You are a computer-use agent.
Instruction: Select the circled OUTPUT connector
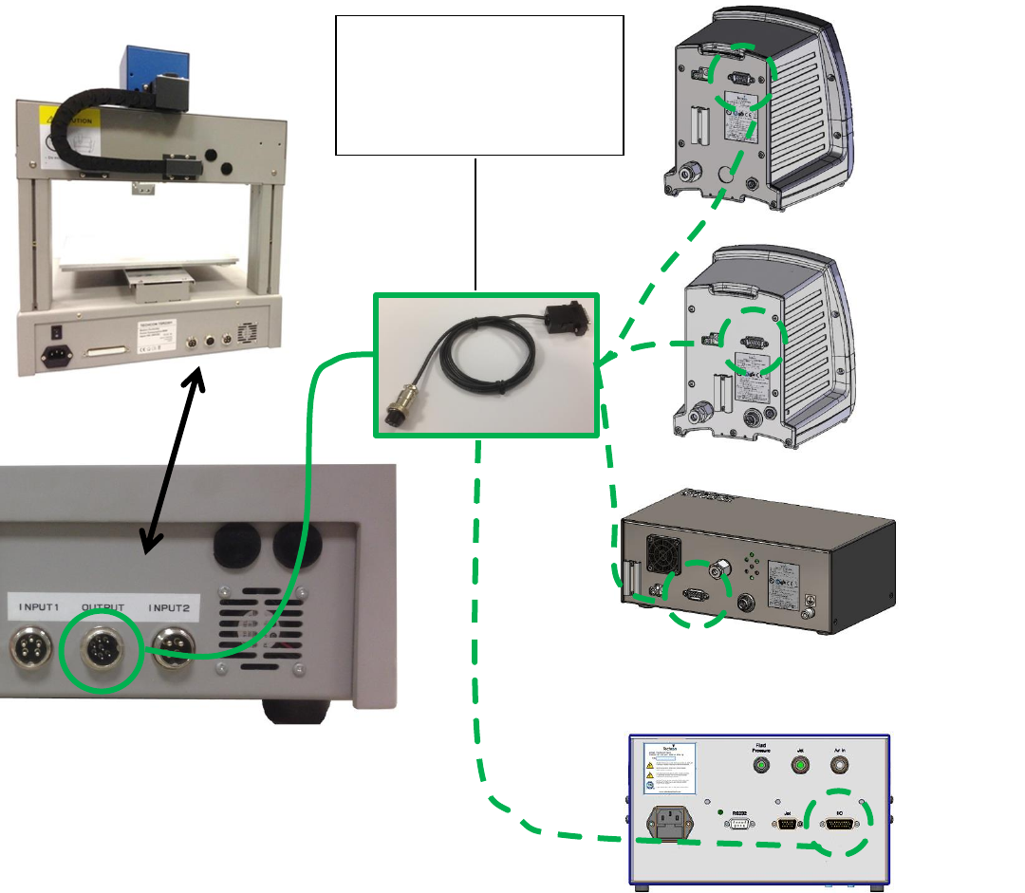coord(102,652)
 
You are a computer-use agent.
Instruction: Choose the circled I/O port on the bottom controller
coord(839,824)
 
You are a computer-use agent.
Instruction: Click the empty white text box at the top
coord(479,84)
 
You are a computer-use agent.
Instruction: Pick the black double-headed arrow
coord(173,462)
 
